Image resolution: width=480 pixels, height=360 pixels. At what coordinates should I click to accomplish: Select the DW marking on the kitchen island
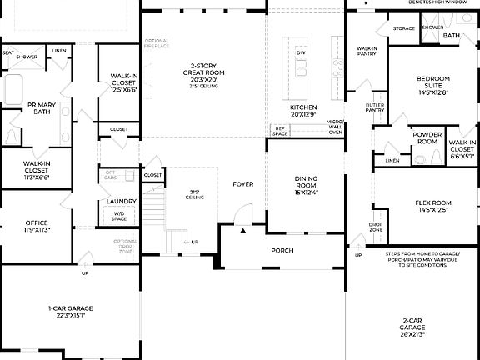301,52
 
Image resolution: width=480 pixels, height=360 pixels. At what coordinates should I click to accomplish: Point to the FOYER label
242,184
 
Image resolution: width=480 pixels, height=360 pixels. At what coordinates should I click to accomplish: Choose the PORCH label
282,250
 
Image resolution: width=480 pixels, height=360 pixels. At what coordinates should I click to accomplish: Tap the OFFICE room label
36,226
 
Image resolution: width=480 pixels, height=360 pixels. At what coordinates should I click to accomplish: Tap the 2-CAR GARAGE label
412,327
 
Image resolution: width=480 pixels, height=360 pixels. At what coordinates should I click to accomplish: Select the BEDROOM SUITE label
433,82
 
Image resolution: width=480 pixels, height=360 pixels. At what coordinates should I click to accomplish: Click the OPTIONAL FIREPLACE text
157,43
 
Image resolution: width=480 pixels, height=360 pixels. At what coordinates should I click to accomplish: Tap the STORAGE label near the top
404,29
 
